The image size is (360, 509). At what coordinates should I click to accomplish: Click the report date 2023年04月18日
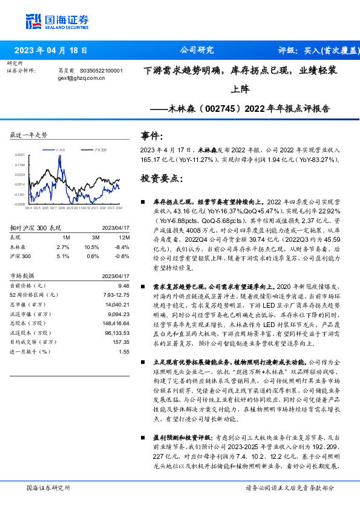(x=51, y=51)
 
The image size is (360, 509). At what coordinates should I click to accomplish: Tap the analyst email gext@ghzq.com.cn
(x=77, y=78)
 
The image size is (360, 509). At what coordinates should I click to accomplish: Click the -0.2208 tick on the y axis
(x=19, y=204)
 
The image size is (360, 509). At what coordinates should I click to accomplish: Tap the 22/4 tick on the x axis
(x=28, y=208)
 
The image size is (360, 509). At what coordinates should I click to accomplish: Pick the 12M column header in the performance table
(x=123, y=238)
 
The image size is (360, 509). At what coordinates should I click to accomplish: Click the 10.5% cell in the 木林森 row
(x=91, y=247)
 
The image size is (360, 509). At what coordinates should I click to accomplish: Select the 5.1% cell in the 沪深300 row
(x=62, y=256)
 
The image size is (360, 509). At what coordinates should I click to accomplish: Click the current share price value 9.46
(x=123, y=285)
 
